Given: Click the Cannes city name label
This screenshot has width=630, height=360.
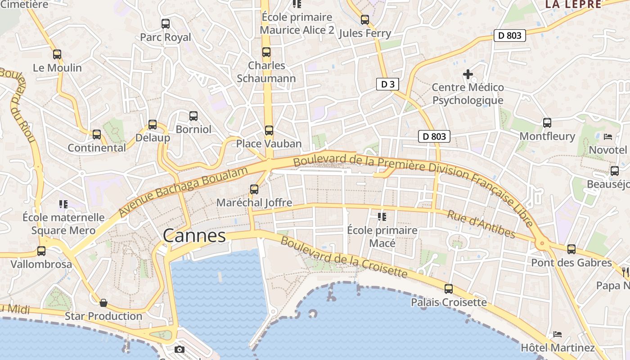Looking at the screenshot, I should click(x=194, y=236).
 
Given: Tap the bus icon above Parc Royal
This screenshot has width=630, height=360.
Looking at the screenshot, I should click(x=166, y=24).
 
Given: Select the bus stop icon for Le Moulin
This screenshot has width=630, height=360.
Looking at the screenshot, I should click(x=57, y=54).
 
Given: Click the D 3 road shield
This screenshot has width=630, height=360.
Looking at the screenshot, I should click(x=387, y=84).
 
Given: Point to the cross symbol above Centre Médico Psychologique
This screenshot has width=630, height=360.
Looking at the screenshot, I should click(x=468, y=74).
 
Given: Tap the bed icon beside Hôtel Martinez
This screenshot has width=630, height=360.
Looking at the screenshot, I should click(x=558, y=334).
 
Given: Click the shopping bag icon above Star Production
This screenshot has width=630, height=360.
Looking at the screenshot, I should click(x=103, y=302).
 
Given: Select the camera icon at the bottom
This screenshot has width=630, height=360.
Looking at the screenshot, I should click(x=180, y=350).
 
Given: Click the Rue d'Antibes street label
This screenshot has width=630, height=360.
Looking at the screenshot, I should click(x=481, y=224).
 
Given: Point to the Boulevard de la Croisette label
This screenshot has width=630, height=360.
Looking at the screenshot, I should click(x=344, y=257).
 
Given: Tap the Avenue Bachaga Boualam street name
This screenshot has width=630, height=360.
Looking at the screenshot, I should click(x=184, y=191).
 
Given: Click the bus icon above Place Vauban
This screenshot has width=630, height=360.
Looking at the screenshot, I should click(x=269, y=130).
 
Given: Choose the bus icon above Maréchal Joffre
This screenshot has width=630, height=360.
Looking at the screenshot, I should click(x=254, y=189).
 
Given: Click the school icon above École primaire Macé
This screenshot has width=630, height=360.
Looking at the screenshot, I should click(x=382, y=217).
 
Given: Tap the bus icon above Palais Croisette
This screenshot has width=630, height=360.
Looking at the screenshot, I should click(x=449, y=289).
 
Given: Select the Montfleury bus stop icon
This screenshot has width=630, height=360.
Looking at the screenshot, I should click(x=547, y=123).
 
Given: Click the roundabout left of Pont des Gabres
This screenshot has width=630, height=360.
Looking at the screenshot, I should click(x=541, y=244).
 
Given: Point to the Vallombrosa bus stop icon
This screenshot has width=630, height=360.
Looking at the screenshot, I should click(x=41, y=251).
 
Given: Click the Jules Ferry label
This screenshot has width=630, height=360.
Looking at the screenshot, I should click(x=364, y=33).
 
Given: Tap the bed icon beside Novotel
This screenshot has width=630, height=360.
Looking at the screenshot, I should click(x=608, y=136).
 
